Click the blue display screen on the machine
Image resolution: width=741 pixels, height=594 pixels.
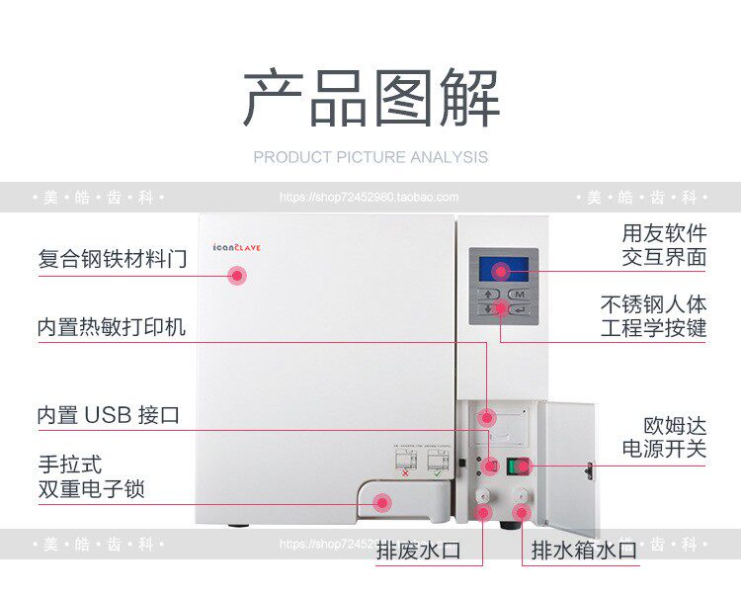coord(503,270)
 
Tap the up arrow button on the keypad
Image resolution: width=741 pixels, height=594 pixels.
coord(488,295)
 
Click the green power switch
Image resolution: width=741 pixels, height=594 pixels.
coord(517,466)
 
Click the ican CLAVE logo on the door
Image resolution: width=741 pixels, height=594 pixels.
coord(236,248)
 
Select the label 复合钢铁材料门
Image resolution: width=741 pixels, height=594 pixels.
coord(112,259)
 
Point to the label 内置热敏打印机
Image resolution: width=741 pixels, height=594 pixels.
coord(111,327)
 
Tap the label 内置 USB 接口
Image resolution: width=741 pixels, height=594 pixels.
coord(109,415)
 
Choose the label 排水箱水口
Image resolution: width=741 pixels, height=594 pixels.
coord(584,551)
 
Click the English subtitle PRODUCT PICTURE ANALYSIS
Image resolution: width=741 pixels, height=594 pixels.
coord(370,157)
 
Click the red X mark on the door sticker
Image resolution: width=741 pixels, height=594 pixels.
coord(405,473)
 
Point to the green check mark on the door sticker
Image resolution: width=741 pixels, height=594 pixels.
coord(437,473)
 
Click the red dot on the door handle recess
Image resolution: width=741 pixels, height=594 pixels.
coord(381,503)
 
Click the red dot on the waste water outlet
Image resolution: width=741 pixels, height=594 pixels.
coord(483,513)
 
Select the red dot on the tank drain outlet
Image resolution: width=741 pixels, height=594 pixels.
coord(521,512)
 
